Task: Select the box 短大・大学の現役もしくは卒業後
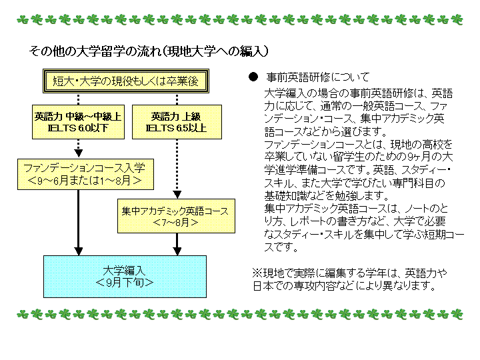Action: (126, 81)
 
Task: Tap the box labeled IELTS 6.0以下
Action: (79, 122)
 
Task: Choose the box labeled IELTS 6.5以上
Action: (177, 122)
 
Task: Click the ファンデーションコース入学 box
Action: (85, 174)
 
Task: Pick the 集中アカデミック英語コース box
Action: (176, 216)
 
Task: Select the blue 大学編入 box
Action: (125, 277)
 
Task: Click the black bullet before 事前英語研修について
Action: (253, 77)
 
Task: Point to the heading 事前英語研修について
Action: (318, 77)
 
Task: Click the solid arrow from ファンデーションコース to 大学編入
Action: (79, 223)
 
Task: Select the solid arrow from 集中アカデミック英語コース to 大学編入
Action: (177, 244)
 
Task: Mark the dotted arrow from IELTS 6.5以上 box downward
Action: (177, 169)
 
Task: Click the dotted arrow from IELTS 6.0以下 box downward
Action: (79, 149)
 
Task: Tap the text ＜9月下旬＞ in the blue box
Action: (125, 283)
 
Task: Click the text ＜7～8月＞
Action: (176, 222)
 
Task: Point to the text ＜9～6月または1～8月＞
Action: (85, 180)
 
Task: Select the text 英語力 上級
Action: (176, 116)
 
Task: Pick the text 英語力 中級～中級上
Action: (78, 116)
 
